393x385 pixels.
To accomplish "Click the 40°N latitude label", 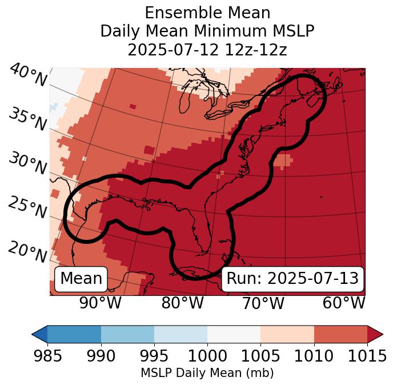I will (28, 75).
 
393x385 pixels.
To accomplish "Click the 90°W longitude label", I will (101, 303).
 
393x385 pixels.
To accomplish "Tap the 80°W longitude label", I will (182, 303).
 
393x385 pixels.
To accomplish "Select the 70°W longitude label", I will (263, 303).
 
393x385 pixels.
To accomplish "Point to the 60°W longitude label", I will (344, 303).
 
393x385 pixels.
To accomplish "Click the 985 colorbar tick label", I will (47, 356).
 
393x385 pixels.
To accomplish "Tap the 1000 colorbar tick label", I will (207, 356).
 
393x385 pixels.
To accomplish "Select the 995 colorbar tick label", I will (154, 356).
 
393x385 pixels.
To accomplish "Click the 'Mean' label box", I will (81, 278).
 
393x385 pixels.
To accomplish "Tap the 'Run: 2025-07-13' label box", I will (292, 278).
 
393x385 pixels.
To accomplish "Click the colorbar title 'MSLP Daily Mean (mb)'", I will (207, 374).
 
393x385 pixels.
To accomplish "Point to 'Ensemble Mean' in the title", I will (207, 13).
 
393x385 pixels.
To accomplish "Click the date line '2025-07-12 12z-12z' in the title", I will (207, 50).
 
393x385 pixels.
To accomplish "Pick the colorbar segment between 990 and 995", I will (127, 334).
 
